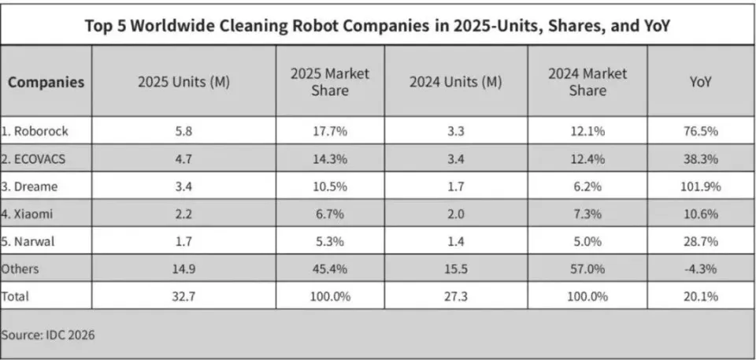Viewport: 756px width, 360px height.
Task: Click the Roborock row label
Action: coord(35,132)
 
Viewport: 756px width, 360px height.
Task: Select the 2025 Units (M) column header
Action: coord(183,82)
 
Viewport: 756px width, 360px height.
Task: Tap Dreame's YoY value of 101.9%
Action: coord(701,186)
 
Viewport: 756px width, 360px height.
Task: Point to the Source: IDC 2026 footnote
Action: coord(48,335)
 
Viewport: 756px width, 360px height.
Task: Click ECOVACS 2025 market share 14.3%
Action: coord(329,159)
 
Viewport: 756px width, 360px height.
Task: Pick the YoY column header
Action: coord(701,82)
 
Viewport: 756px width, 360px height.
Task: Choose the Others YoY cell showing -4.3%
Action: coord(701,269)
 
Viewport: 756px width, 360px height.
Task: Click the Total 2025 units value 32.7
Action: coord(183,296)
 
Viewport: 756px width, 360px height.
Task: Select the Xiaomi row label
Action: coord(27,213)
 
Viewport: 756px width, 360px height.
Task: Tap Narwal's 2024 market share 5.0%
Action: coord(587,241)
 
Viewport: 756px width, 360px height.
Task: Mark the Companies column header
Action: coord(46,82)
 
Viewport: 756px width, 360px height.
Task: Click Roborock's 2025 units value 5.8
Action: coord(183,132)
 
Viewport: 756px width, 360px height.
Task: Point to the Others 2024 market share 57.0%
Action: coord(587,269)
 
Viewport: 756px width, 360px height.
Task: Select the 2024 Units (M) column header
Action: coord(456,82)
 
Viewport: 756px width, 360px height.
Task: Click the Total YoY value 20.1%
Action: coord(701,296)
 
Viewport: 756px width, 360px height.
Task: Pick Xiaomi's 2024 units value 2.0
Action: coord(456,213)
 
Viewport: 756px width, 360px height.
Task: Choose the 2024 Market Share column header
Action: coord(587,82)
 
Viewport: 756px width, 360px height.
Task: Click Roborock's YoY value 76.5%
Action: coord(701,132)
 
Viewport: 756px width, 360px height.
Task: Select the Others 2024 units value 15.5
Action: coord(456,269)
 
